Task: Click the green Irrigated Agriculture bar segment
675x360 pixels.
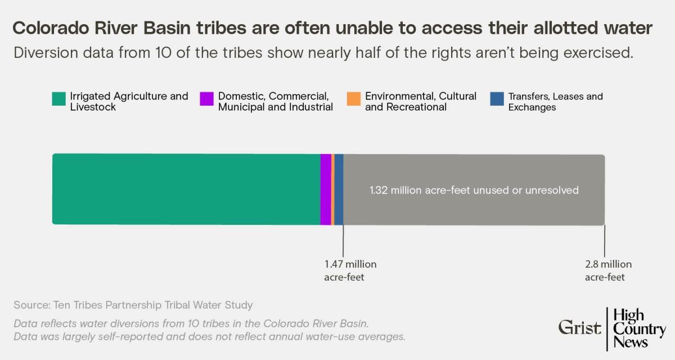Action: click(x=186, y=189)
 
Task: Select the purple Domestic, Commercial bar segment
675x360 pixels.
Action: click(x=326, y=189)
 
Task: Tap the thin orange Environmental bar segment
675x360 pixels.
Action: click(x=333, y=189)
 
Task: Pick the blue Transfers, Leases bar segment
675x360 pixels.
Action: click(x=339, y=189)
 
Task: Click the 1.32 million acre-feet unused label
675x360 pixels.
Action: click(x=474, y=190)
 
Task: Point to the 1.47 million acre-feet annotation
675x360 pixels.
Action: click(x=350, y=271)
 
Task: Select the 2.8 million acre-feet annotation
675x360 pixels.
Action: click(x=607, y=271)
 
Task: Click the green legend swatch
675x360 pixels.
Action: click(x=58, y=98)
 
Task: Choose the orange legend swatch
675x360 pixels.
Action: click(x=353, y=98)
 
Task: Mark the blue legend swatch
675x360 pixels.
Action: click(x=497, y=98)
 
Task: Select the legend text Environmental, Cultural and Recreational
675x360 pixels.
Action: click(x=420, y=101)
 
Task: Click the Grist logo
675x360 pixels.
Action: click(x=579, y=327)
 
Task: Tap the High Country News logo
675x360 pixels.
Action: click(x=639, y=328)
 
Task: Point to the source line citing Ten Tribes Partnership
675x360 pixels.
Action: click(x=133, y=305)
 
